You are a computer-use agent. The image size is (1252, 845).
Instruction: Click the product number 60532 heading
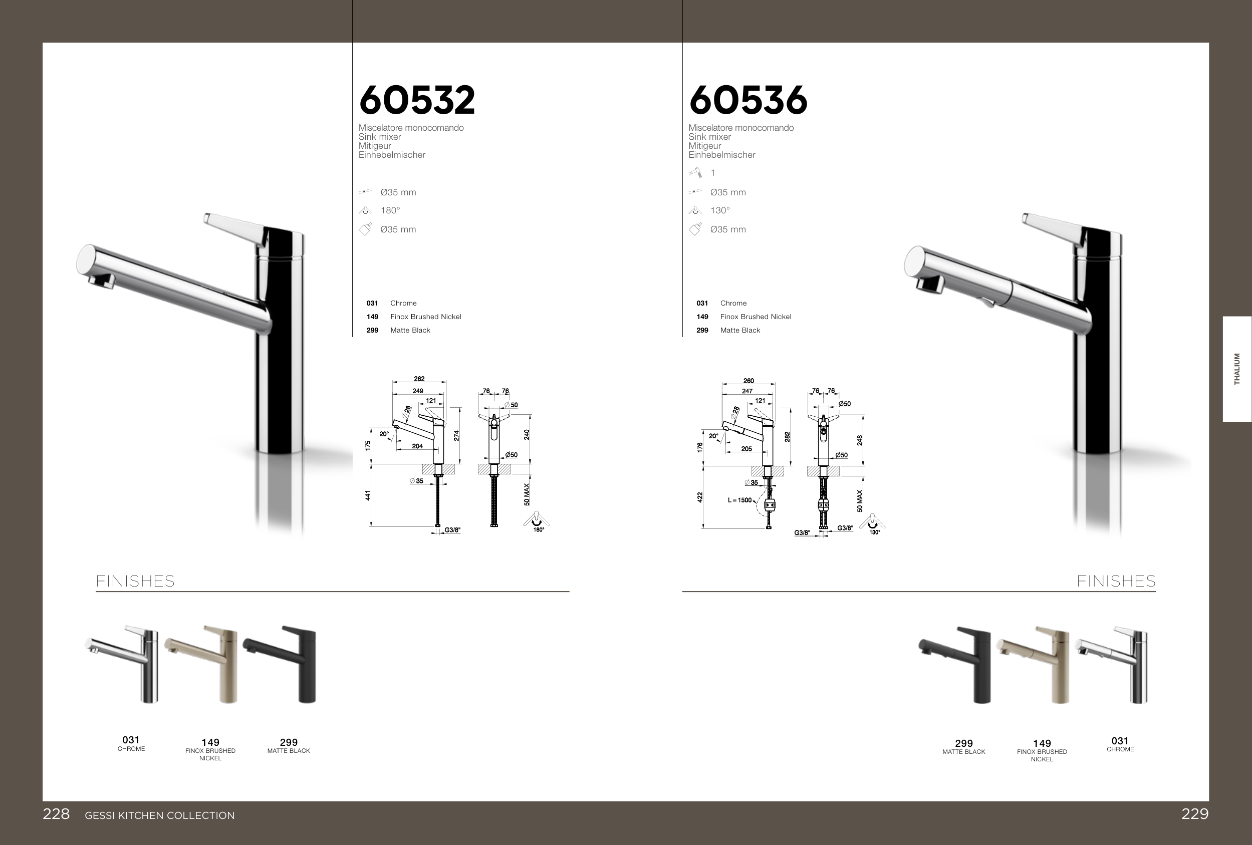417,100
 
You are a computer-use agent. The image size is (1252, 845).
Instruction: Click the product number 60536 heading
748,100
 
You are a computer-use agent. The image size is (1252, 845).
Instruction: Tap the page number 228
56,814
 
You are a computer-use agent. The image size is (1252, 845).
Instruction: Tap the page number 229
1195,814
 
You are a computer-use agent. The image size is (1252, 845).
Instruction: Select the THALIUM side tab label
1237,369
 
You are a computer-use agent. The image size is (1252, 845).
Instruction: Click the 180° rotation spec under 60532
390,210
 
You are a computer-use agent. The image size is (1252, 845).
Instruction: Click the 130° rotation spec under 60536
720,210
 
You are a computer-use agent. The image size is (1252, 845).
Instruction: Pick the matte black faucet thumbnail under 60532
280,664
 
